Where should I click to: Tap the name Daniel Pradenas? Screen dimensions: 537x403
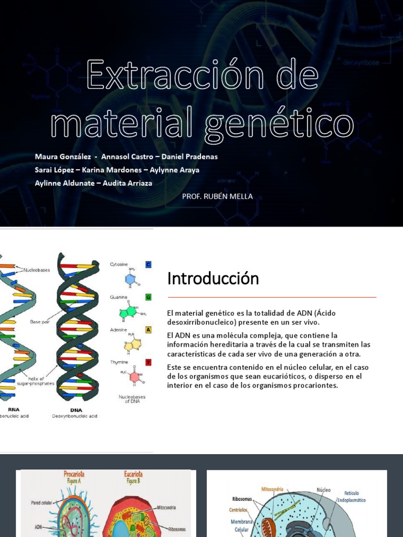[x=189, y=157]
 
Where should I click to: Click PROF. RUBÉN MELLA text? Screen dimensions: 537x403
[x=217, y=196]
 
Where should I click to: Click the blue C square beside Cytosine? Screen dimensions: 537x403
[x=149, y=265]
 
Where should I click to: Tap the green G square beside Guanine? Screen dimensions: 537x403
[x=149, y=297]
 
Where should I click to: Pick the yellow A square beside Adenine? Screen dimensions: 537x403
[x=149, y=330]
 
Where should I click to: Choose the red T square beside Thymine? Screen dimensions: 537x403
[x=149, y=362]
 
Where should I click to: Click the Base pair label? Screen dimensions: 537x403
[x=39, y=321]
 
